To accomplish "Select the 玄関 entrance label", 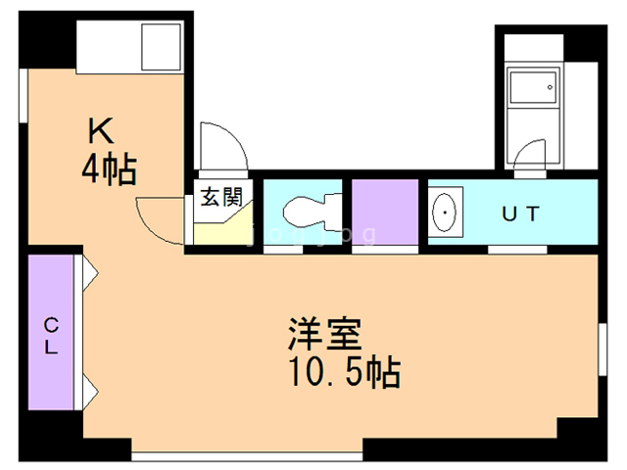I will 221,196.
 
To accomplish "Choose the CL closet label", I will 50,333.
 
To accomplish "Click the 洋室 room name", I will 325,335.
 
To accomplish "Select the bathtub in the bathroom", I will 529,88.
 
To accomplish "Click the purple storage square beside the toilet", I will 383,211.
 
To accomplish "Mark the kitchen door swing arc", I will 157,221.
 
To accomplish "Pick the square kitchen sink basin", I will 161,45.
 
